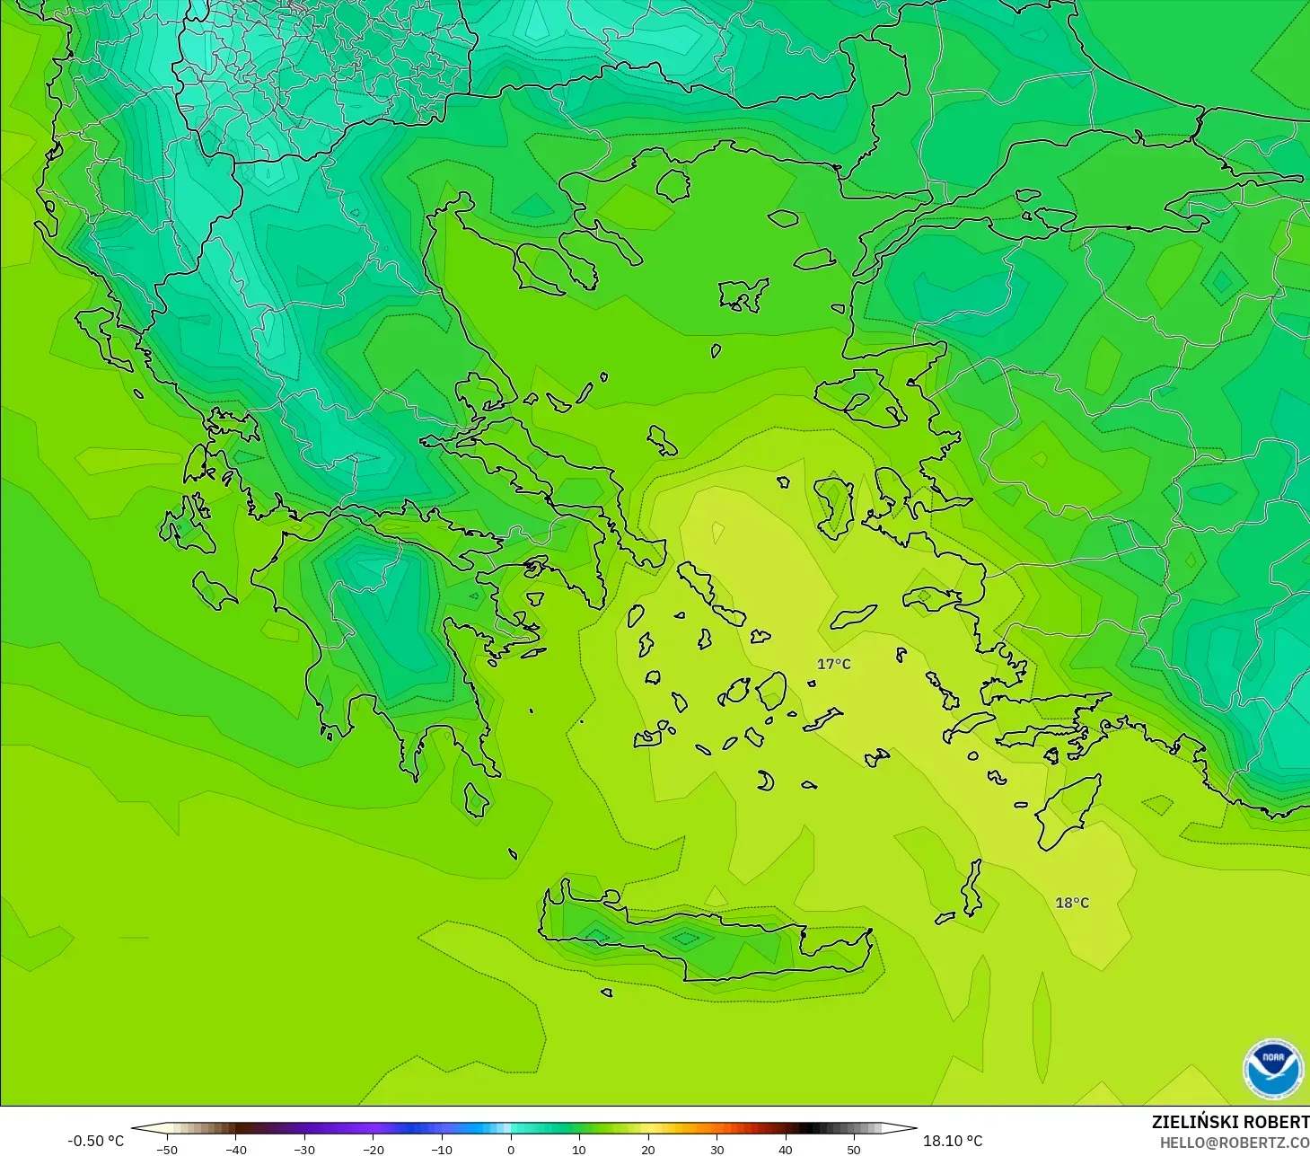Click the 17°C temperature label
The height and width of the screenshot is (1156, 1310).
tap(833, 664)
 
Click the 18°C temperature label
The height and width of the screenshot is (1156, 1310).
tap(1071, 903)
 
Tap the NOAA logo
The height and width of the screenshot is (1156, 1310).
tap(1272, 1068)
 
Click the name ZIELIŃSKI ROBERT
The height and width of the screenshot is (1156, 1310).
tap(1229, 1122)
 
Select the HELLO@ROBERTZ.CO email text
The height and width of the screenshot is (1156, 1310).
tap(1234, 1143)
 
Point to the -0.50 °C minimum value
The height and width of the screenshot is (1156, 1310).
tap(95, 1141)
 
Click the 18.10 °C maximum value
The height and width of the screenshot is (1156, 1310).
tap(953, 1141)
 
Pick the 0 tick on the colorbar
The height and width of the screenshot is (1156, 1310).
tap(510, 1149)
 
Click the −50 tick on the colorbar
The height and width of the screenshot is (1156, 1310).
tap(166, 1149)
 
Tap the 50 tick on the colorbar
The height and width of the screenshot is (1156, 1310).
tap(853, 1149)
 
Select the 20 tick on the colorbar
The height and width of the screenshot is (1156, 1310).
tap(647, 1149)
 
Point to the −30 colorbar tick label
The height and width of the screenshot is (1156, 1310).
tap(303, 1149)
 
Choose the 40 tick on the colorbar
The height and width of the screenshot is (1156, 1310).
tap(785, 1149)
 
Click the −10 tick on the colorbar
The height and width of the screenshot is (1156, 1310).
tap(441, 1149)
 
